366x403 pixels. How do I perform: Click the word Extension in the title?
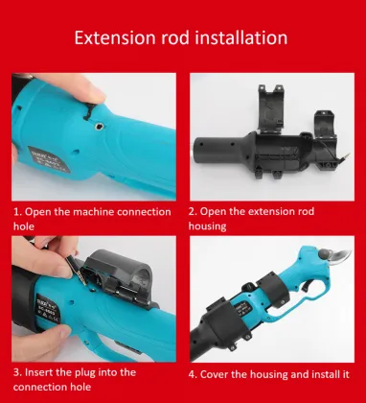tap(115, 37)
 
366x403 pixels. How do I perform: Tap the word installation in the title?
tap(241, 37)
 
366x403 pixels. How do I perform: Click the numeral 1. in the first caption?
tap(17, 212)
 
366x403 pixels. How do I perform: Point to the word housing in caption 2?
tap(207, 226)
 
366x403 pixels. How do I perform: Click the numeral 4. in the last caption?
tap(193, 374)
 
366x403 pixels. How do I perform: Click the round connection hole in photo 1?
tap(99, 127)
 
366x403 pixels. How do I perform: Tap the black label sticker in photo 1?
tap(49, 159)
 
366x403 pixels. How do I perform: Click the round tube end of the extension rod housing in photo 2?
tap(198, 149)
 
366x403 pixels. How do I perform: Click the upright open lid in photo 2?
tap(271, 107)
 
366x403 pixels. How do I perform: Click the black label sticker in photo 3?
tap(48, 309)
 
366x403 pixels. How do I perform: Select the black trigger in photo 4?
tap(308, 285)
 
